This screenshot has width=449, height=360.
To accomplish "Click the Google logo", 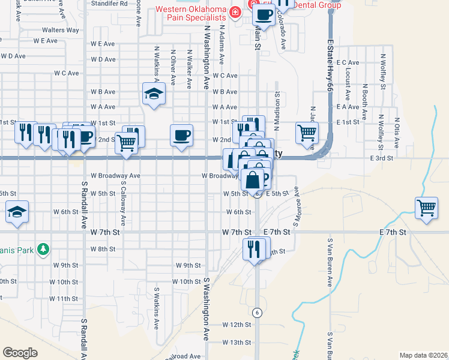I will point(20,353).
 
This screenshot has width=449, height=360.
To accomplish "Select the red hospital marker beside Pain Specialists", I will point(236,11).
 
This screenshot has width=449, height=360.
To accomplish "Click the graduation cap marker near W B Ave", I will point(154,94).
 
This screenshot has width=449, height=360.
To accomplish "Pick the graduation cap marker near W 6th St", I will point(17,211).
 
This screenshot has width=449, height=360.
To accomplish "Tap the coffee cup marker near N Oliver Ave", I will point(181,134).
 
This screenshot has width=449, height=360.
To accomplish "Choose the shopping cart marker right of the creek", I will point(426,208).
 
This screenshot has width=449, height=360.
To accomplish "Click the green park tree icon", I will point(43,248).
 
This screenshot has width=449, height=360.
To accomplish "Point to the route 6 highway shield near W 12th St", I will point(256,312).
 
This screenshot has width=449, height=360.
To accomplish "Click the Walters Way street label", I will point(60,30).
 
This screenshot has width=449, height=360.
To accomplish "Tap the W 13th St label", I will point(236,343).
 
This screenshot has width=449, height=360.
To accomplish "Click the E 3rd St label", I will point(381,158).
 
